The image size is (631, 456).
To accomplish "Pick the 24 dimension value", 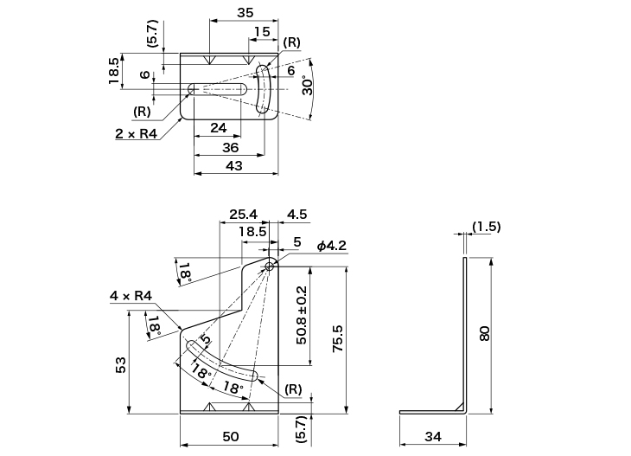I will pyautogui.click(x=217, y=128).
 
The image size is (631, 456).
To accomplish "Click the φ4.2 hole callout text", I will pyautogui.click(x=331, y=247).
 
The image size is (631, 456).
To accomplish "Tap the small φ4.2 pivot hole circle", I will pyautogui.click(x=270, y=267).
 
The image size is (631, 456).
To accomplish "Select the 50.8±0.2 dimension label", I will pyautogui.click(x=302, y=315).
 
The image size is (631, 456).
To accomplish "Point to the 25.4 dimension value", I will pyautogui.click(x=245, y=214).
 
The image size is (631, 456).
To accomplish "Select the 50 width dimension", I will pyautogui.click(x=230, y=437).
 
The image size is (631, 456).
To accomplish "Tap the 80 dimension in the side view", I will pyautogui.click(x=485, y=332).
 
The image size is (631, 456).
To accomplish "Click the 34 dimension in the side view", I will pyautogui.click(x=433, y=437).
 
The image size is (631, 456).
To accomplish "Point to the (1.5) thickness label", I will pyautogui.click(x=486, y=227).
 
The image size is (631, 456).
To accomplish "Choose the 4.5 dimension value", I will pyautogui.click(x=296, y=214).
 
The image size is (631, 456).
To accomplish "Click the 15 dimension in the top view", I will pyautogui.click(x=261, y=32).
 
